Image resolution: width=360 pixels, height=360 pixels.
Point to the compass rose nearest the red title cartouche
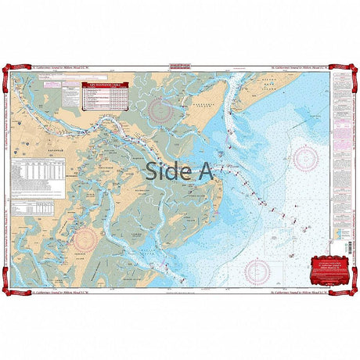(x=257, y=271)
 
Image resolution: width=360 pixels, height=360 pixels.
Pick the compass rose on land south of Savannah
(x=85, y=238)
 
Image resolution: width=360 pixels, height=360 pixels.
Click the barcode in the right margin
(x=342, y=258)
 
